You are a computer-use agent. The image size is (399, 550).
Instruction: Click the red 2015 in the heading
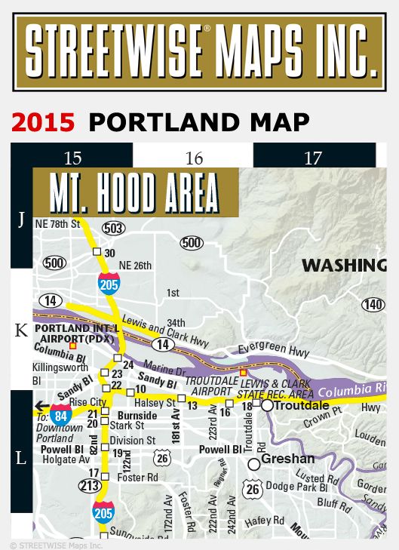click(x=42, y=121)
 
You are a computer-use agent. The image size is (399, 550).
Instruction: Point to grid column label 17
click(x=313, y=158)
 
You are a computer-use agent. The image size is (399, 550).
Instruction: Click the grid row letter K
click(x=21, y=330)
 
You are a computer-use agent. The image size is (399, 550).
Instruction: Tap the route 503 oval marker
click(x=115, y=228)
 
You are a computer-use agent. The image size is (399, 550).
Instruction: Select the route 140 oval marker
click(x=373, y=305)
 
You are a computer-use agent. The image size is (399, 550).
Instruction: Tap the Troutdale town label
click(x=302, y=405)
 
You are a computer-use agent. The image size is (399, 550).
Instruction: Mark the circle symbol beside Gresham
click(x=254, y=463)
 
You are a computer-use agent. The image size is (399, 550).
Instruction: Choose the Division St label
click(x=133, y=441)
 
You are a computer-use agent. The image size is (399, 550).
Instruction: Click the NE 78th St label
click(x=58, y=224)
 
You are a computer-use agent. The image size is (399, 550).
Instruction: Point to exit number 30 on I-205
click(x=109, y=253)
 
